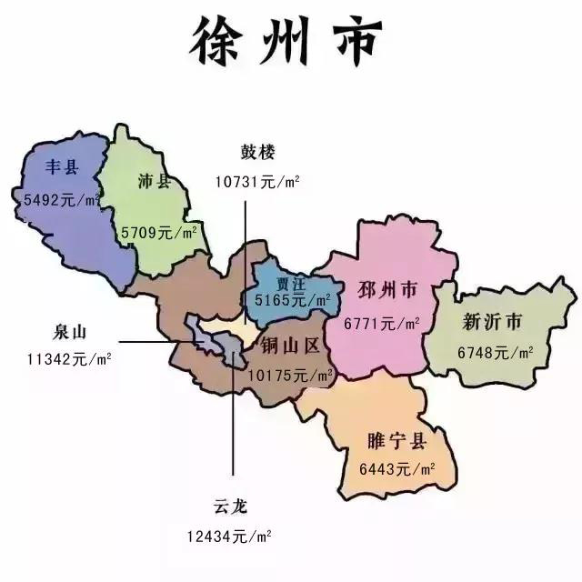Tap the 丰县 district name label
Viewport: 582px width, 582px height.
(62, 167)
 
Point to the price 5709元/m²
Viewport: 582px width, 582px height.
(160, 233)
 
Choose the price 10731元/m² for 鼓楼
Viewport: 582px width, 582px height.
(257, 180)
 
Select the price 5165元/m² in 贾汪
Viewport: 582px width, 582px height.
(294, 299)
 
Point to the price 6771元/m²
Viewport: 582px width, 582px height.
(382, 323)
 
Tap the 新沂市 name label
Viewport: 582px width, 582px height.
(492, 322)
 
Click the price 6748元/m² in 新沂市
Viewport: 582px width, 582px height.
(496, 353)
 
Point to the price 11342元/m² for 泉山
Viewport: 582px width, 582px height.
(69, 359)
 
